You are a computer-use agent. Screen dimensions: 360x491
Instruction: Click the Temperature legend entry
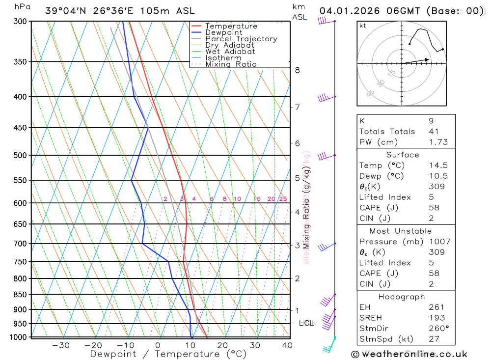click(x=231, y=26)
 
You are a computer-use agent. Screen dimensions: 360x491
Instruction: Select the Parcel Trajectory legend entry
click(x=241, y=39)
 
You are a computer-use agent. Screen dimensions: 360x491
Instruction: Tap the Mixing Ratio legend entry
click(x=231, y=64)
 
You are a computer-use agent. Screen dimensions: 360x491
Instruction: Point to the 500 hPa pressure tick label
click(x=20, y=155)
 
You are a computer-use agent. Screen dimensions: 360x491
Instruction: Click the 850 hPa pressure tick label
click(x=20, y=295)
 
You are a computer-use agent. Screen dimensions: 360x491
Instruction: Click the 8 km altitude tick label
click(x=297, y=70)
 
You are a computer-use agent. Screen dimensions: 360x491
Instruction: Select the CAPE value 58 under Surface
click(x=434, y=208)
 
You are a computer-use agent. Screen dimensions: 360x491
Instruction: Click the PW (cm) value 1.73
click(x=438, y=142)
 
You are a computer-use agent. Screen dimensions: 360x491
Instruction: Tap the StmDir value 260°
click(x=437, y=329)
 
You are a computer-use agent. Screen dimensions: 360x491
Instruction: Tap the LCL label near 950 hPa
click(x=306, y=323)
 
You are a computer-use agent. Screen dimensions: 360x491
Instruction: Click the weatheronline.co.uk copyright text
click(x=409, y=354)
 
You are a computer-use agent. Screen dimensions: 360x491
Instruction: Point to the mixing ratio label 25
click(x=283, y=199)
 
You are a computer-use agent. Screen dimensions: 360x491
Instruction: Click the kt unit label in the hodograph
click(x=362, y=26)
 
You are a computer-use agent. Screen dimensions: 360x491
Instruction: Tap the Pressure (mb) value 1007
click(x=438, y=242)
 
